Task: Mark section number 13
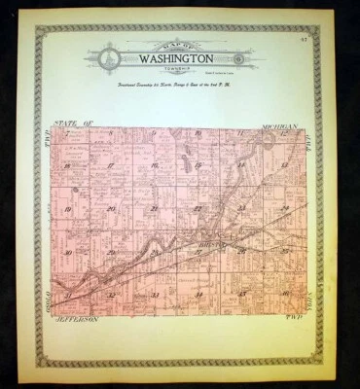tap(284, 166)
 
